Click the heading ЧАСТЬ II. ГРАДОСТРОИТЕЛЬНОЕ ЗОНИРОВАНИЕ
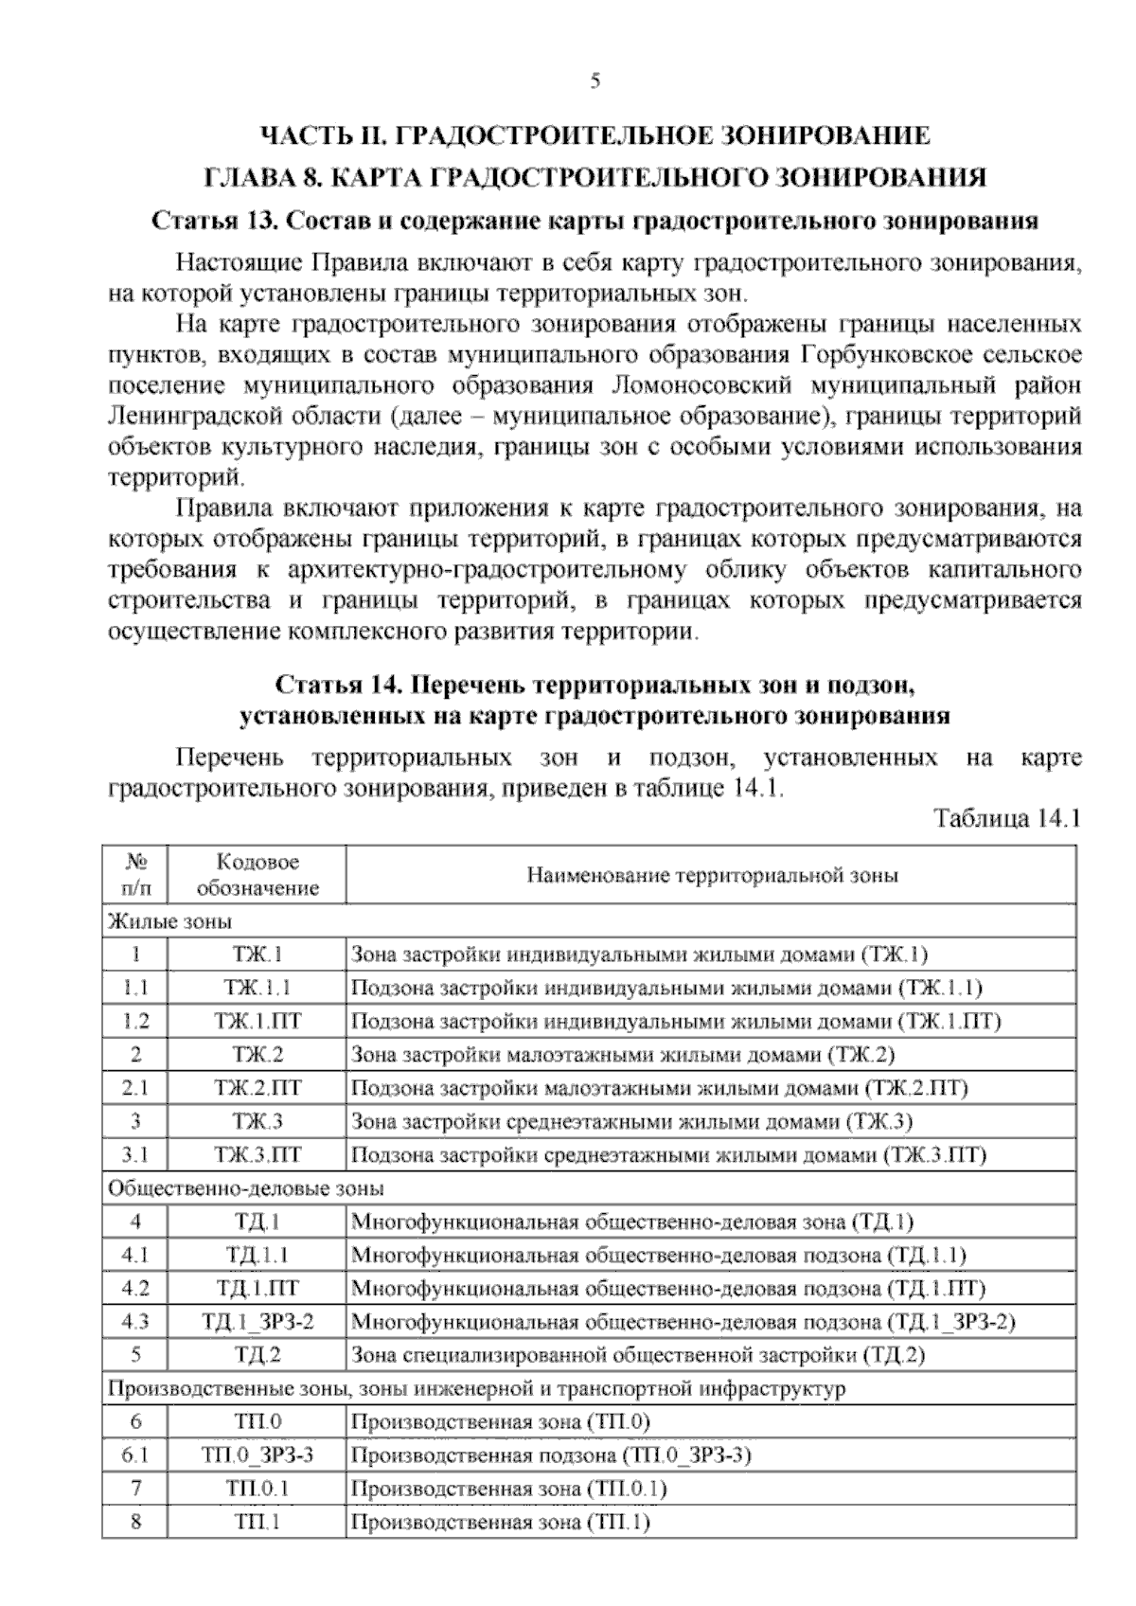point(595,135)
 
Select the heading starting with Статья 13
point(595,222)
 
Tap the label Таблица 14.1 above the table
point(1007,817)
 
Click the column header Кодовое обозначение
point(257,875)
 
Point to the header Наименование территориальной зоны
point(711,875)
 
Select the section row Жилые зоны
point(171,921)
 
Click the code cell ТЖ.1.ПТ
point(257,1022)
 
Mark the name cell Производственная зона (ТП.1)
point(501,1522)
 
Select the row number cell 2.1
point(135,1088)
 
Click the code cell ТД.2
point(257,1355)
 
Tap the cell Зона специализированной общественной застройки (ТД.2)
point(637,1355)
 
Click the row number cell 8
point(135,1522)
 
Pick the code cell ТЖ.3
point(257,1122)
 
